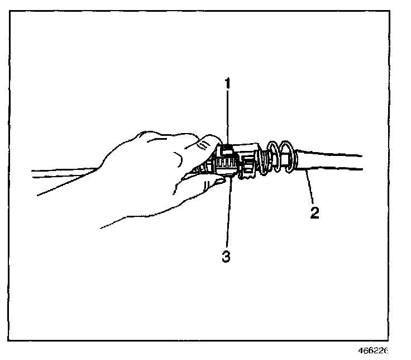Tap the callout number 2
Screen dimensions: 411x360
tap(314, 214)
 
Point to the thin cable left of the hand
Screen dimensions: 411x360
tap(61, 173)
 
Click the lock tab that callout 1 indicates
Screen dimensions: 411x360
tap(227, 150)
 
